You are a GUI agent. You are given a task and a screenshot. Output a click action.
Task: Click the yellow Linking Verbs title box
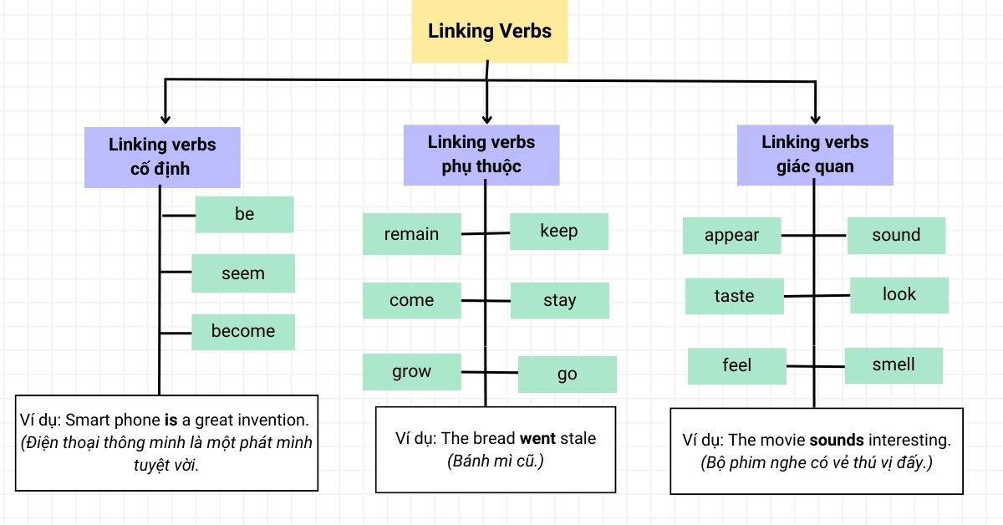click(x=490, y=32)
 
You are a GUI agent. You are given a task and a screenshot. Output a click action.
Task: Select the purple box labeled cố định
click(x=162, y=156)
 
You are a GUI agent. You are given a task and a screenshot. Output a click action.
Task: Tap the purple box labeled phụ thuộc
click(x=481, y=155)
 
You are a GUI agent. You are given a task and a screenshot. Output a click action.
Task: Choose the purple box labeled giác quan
click(x=815, y=155)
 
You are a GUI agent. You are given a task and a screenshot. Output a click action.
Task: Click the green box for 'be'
click(x=244, y=215)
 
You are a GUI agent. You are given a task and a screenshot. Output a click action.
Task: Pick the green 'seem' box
click(x=243, y=273)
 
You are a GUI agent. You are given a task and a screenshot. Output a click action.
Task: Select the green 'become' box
click(x=243, y=332)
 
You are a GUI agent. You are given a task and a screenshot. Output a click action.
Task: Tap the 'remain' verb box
click(x=411, y=234)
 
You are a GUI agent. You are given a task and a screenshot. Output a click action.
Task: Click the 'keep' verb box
click(x=559, y=231)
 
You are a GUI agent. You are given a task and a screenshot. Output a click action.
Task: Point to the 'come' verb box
click(x=411, y=301)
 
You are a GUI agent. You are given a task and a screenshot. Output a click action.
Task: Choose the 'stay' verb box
click(x=559, y=301)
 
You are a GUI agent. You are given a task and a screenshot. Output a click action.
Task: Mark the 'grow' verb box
click(x=411, y=372)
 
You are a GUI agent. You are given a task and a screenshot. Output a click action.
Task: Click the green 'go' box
click(x=568, y=375)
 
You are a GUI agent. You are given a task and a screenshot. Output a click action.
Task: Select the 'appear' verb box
click(x=731, y=236)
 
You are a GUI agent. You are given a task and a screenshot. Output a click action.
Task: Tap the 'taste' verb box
click(x=734, y=297)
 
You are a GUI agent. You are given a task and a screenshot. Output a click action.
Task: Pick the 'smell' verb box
click(x=894, y=365)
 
